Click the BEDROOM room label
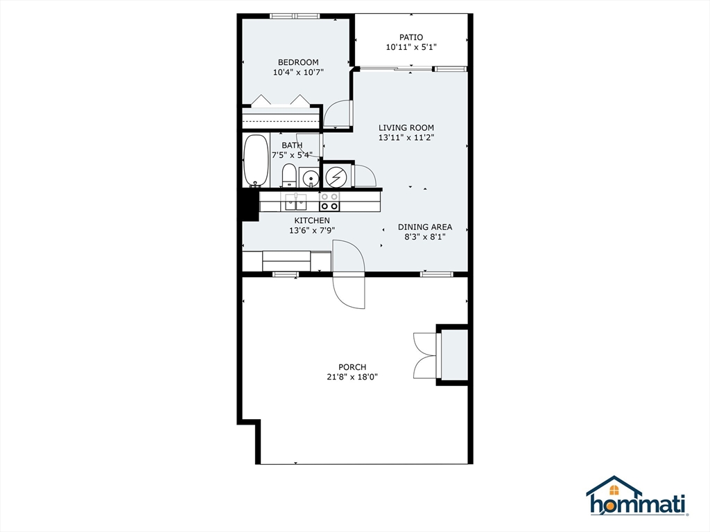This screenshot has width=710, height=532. coord(298,62)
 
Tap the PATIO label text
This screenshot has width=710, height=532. coord(410,37)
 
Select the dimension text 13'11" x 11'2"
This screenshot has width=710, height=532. coord(406,138)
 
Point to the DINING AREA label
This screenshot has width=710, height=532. coord(424,227)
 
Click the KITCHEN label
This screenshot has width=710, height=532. coord(309,220)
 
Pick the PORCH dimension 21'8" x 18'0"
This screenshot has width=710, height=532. coord(352,377)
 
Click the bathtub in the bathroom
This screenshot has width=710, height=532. coord(256,160)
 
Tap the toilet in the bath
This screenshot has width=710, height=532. coord(289,176)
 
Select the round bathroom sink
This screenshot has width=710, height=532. coord(311,178)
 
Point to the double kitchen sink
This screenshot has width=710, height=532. coord(295,202)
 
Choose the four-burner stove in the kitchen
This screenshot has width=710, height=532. coord(329,202)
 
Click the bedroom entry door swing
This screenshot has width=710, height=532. coord(339,114)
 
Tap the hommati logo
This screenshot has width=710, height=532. coord(637,497)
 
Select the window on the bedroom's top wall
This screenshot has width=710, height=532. coord(294,16)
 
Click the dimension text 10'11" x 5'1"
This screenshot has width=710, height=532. coord(410,48)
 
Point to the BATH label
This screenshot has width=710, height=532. coord(292,145)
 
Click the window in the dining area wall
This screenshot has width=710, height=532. coord(437,274)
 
